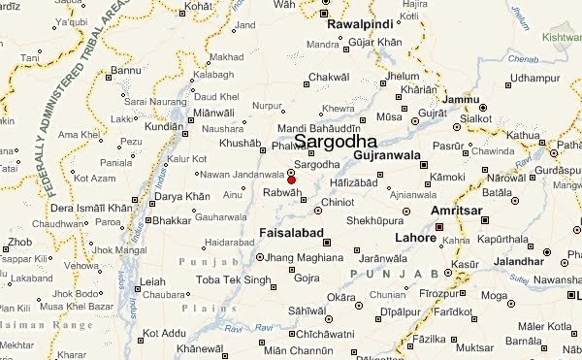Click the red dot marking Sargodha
[x=291, y=180]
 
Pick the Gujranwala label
[x=387, y=155]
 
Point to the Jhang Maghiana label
[x=305, y=257]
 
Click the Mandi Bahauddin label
[x=318, y=129]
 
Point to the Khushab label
[x=240, y=143]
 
